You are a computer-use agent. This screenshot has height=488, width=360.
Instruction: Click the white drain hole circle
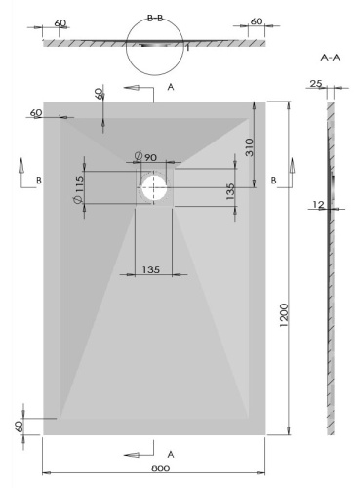[x=154, y=187]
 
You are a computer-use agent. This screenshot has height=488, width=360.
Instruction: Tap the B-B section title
[x=155, y=18]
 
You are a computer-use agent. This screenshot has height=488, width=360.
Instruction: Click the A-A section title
[x=330, y=58]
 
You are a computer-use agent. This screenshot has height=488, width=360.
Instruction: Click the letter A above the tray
[x=171, y=88]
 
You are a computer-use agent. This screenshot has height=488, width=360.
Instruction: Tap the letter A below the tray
[x=172, y=455]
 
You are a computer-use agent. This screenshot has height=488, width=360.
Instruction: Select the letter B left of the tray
[x=38, y=180]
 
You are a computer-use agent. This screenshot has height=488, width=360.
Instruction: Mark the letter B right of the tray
[x=274, y=180]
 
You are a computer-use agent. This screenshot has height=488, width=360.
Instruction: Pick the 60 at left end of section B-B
[x=60, y=21]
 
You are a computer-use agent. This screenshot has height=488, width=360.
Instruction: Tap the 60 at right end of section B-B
[x=256, y=21]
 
